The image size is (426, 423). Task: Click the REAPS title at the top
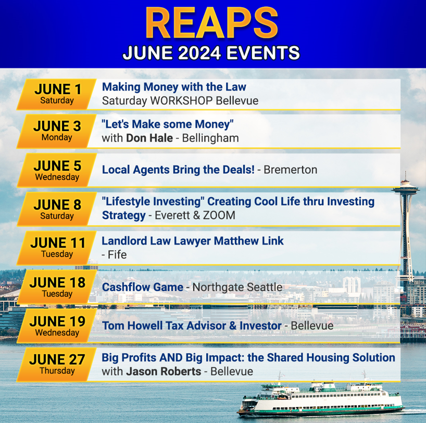tap(211, 23)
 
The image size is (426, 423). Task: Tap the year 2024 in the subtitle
tap(199, 53)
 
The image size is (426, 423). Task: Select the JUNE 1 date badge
tap(57, 94)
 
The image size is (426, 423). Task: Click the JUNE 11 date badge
tap(57, 248)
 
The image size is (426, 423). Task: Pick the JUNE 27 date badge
tap(57, 364)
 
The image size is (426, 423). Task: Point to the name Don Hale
tap(149, 138)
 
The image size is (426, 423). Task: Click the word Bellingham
tap(210, 138)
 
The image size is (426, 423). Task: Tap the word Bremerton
tap(291, 170)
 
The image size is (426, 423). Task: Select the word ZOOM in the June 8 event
tap(219, 215)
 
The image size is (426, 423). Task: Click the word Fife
tap(117, 254)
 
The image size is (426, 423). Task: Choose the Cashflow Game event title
tap(143, 287)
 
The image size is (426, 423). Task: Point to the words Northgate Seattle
tap(237, 288)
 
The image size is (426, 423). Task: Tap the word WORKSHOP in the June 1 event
tap(181, 101)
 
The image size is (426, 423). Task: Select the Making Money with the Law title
tap(174, 87)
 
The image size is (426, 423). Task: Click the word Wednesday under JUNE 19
tap(57, 332)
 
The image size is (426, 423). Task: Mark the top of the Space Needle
tap(405, 172)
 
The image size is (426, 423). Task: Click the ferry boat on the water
tap(321, 397)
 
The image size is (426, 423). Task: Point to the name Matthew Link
tap(249, 241)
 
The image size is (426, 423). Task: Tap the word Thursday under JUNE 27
tap(57, 370)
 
